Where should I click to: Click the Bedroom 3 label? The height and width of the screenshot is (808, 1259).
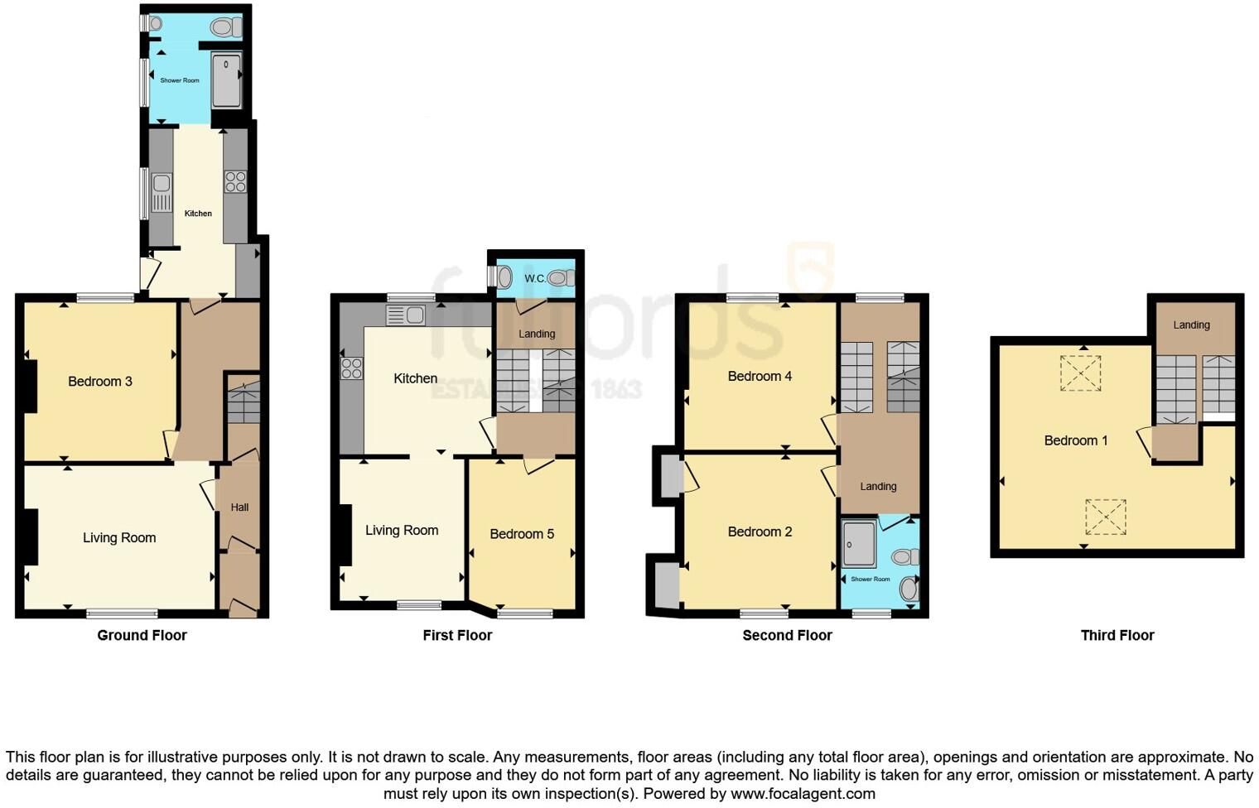(x=99, y=382)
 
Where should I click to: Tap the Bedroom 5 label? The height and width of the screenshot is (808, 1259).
(x=521, y=534)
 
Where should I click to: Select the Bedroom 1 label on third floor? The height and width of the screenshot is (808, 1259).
(x=1075, y=440)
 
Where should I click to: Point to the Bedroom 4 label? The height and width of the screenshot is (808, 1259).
(x=759, y=376)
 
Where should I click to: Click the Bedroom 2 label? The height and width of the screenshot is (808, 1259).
(x=759, y=531)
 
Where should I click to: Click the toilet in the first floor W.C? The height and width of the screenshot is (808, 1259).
(x=560, y=277)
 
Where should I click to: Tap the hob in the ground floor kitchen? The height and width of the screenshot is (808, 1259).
(x=235, y=181)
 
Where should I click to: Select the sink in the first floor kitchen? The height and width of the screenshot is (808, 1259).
(x=406, y=315)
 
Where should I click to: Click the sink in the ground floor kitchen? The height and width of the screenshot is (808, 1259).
(x=162, y=193)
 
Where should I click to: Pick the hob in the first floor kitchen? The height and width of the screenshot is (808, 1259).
(x=351, y=368)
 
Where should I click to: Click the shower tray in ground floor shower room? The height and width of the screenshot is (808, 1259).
(x=226, y=79)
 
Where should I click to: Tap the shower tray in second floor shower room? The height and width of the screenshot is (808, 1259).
(x=858, y=543)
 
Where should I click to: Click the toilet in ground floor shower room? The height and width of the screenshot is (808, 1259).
(x=224, y=27)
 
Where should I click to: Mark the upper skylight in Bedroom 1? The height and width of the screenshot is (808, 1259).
(x=1080, y=373)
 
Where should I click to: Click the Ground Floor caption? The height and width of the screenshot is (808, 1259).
(x=142, y=635)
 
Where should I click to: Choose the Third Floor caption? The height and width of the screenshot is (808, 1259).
(x=1117, y=635)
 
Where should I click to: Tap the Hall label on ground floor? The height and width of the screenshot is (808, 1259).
(x=239, y=507)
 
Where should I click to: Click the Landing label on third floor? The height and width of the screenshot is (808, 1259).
(x=1191, y=325)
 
